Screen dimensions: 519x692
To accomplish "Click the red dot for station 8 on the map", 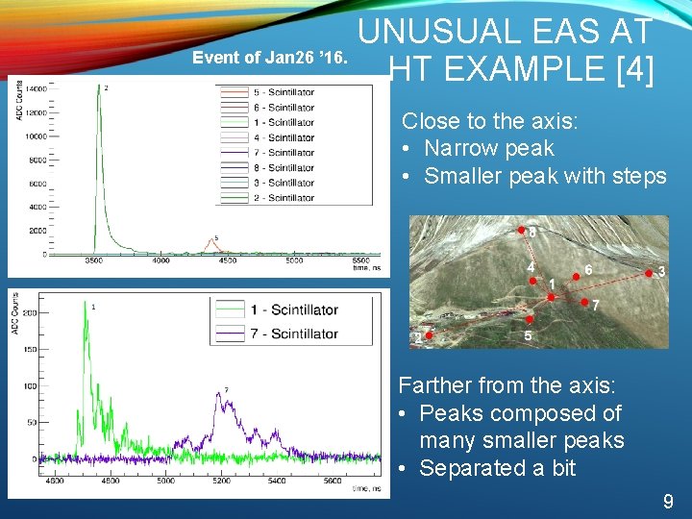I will coord(522,231).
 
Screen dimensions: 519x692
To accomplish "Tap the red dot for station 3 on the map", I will coord(650,274).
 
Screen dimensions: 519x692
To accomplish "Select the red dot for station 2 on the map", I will coord(429,336).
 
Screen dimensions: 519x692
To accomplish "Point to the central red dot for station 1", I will coord(551,297).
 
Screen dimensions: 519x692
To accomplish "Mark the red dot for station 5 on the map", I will coord(530,320).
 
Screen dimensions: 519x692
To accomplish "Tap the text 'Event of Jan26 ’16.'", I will coord(270,57).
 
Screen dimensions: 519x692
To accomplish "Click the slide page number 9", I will coord(668,501).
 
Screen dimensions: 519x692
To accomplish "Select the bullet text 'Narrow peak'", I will coord(488,148).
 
